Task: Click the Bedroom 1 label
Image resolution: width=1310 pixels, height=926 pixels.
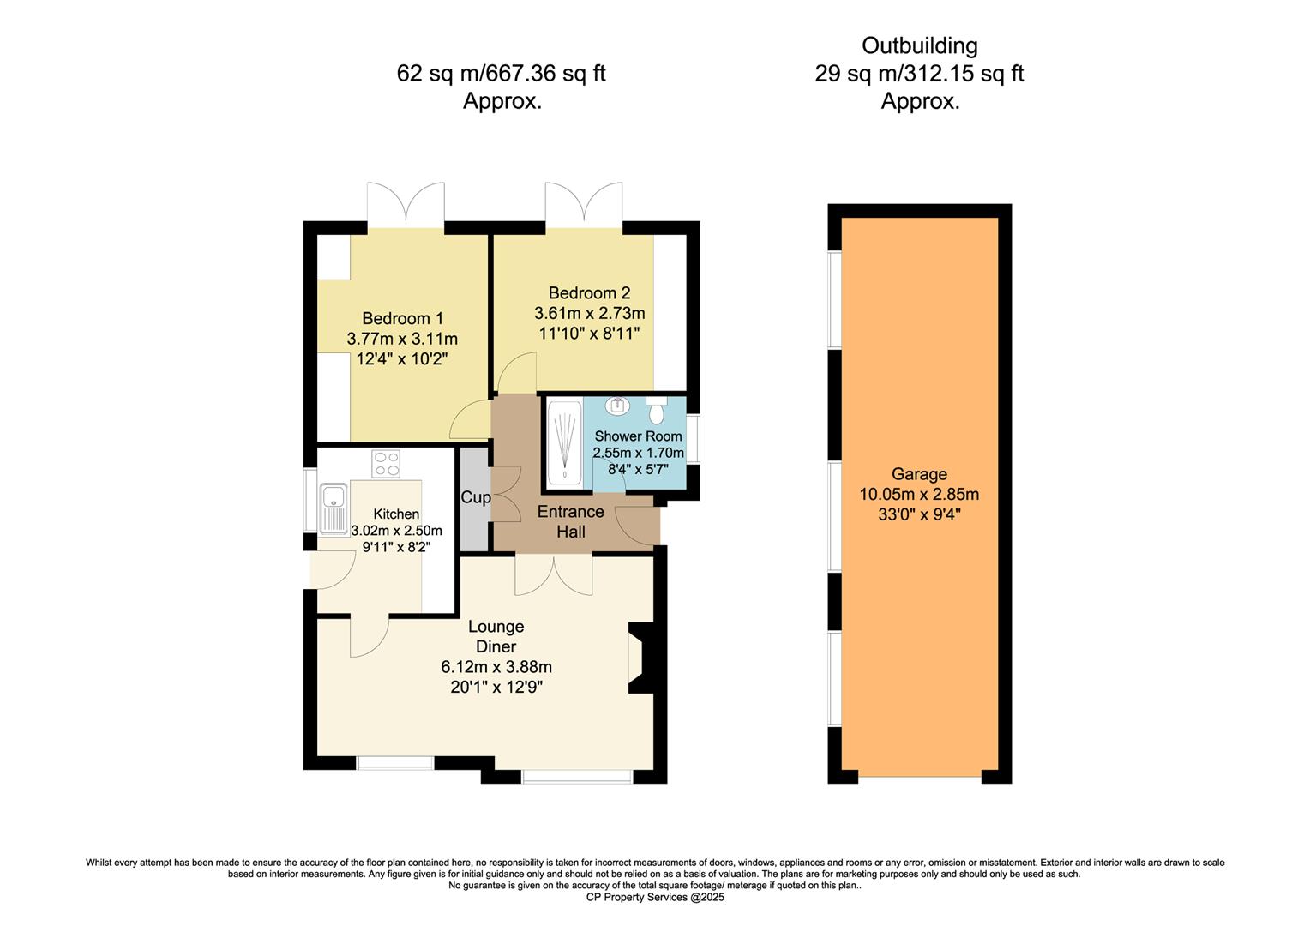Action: pyautogui.click(x=402, y=318)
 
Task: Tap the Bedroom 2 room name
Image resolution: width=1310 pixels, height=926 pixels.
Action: pyautogui.click(x=590, y=292)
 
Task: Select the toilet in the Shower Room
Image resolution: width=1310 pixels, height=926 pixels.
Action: pyautogui.click(x=657, y=410)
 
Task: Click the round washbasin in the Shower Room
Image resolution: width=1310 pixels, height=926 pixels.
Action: pyautogui.click(x=617, y=406)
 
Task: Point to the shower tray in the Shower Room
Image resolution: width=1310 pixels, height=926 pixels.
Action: pyautogui.click(x=564, y=442)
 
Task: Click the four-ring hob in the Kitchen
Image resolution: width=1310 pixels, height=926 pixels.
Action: pyautogui.click(x=386, y=464)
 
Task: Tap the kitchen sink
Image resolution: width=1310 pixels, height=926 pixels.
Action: pyautogui.click(x=334, y=509)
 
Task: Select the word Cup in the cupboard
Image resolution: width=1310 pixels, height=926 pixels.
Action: pyautogui.click(x=476, y=497)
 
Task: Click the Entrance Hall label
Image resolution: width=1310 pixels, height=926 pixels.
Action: pyautogui.click(x=571, y=521)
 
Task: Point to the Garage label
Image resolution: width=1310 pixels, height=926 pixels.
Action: pyautogui.click(x=919, y=474)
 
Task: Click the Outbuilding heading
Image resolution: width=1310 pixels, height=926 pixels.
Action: pyautogui.click(x=920, y=45)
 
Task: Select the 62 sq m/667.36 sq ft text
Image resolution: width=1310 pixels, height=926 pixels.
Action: pyautogui.click(x=502, y=74)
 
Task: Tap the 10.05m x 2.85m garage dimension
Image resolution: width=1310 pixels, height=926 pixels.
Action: pyautogui.click(x=919, y=495)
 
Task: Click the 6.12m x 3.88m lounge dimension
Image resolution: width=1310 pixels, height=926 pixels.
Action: pyautogui.click(x=496, y=667)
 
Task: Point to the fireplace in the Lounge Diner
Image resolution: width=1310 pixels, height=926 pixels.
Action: pyautogui.click(x=641, y=658)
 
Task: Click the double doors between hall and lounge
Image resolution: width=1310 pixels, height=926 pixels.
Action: pyautogui.click(x=553, y=575)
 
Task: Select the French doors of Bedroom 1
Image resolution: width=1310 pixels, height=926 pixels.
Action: pyautogui.click(x=406, y=204)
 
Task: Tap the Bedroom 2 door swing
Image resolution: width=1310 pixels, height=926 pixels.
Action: pyautogui.click(x=516, y=372)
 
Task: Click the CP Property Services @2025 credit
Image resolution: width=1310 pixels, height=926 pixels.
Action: pyautogui.click(x=655, y=897)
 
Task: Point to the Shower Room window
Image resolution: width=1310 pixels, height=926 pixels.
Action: pyautogui.click(x=693, y=439)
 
